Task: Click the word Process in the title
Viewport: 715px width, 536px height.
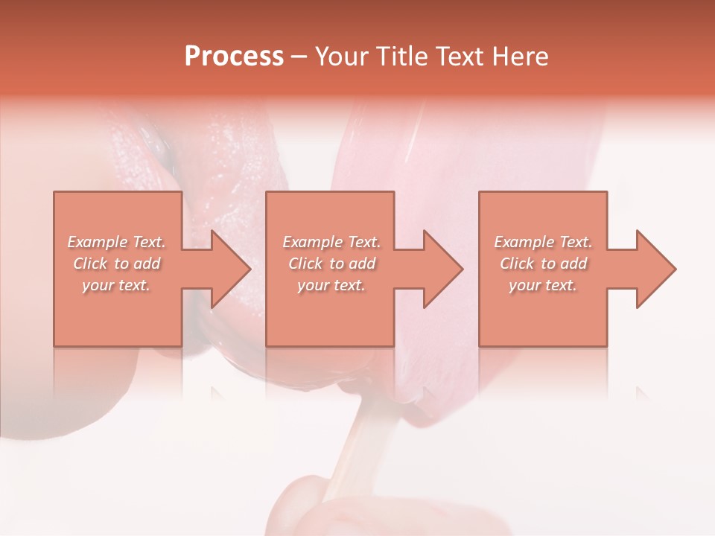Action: (x=234, y=57)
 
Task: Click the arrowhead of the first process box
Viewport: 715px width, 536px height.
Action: (x=231, y=269)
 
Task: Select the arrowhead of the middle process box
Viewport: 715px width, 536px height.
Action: (x=443, y=269)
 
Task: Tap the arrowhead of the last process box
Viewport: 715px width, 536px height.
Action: (x=655, y=269)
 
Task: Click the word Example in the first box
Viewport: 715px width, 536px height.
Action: (x=98, y=242)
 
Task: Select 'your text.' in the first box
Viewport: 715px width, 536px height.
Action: (x=116, y=285)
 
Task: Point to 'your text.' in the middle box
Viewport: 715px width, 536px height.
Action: (x=331, y=285)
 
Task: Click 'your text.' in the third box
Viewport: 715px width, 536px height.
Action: (x=543, y=285)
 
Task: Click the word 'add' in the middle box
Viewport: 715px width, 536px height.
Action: (x=361, y=264)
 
